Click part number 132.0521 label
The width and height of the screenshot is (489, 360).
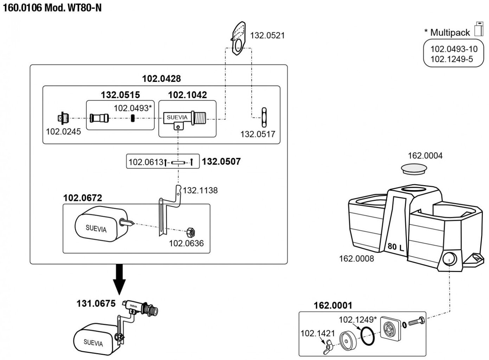267,36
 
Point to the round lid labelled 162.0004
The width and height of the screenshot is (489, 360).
414,168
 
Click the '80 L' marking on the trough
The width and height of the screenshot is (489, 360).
395,247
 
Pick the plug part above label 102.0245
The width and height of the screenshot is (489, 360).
63,118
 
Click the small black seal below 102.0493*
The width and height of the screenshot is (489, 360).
133,118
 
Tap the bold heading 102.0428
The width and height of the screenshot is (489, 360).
161,78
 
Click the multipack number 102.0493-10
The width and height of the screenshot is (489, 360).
454,49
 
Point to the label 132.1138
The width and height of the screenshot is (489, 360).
200,191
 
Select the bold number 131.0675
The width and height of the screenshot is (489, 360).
96,303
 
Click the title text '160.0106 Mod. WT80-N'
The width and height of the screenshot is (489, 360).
52,8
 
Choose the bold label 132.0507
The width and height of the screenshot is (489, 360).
221,162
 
